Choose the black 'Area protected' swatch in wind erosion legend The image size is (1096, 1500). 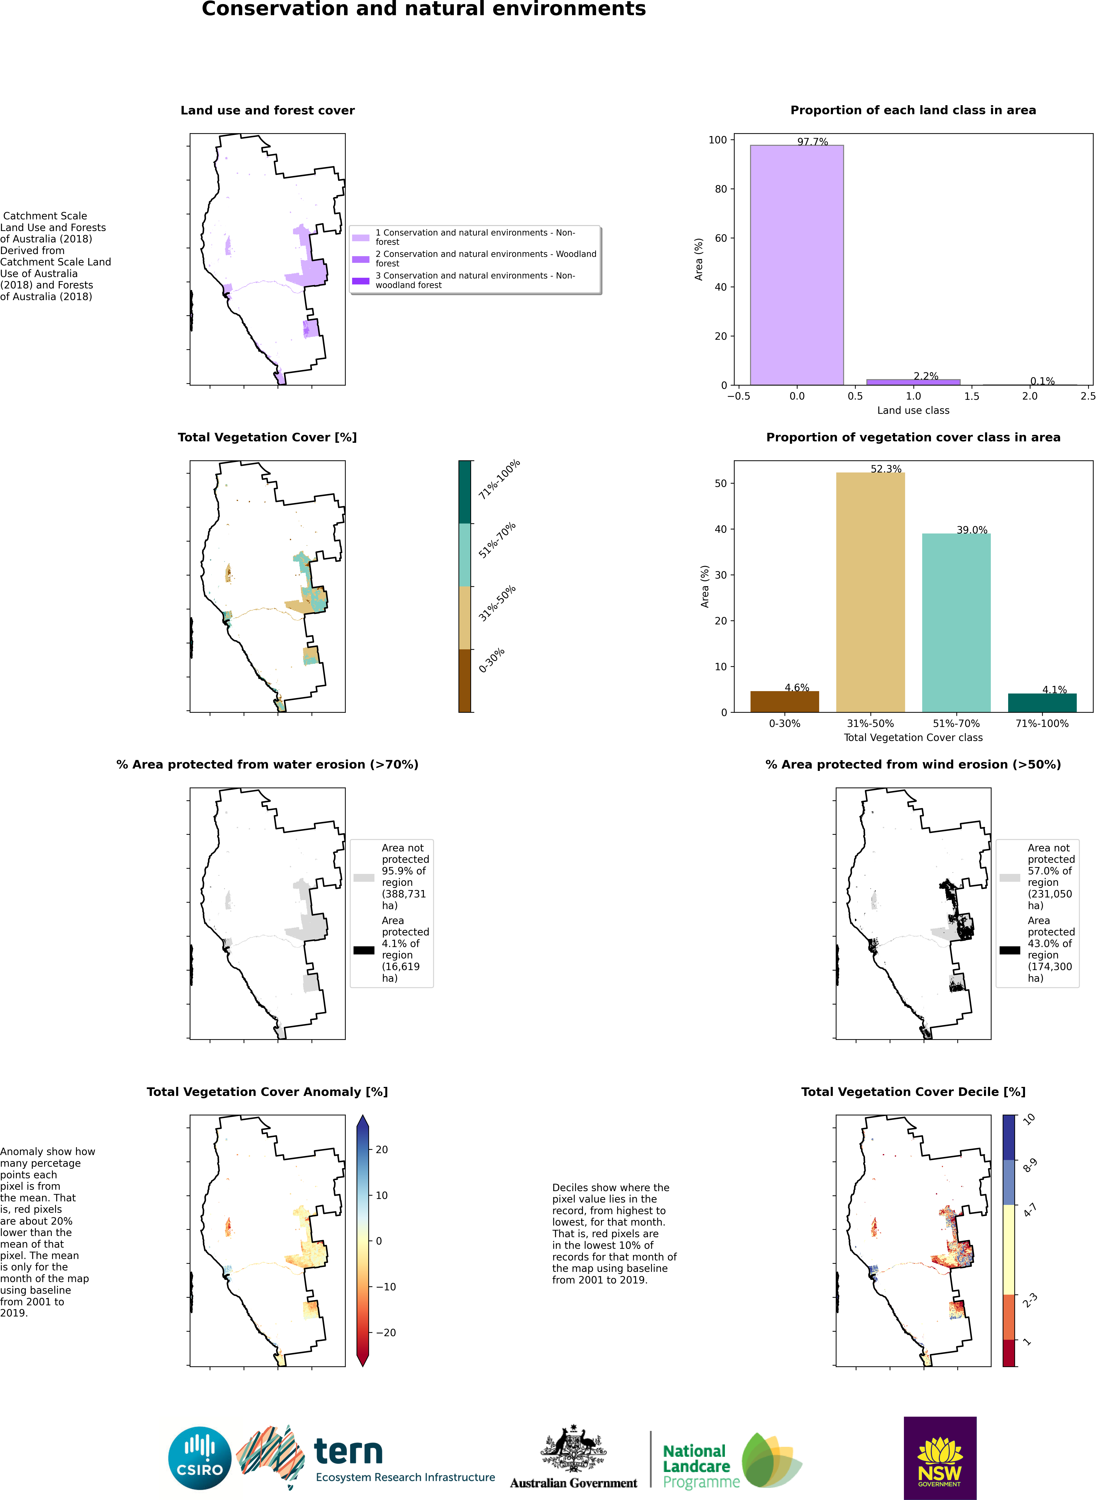click(1009, 950)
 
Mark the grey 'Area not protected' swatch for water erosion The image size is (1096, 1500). click(364, 878)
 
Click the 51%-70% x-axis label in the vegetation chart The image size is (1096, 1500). click(956, 723)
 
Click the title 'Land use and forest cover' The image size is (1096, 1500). click(267, 110)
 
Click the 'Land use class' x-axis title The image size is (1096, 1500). click(913, 410)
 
